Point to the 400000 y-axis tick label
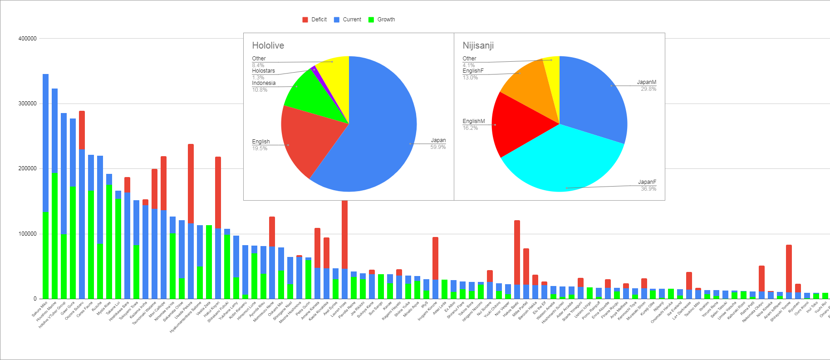(27, 39)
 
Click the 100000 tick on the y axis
(27, 234)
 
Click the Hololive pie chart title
(268, 45)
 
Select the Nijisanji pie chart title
(478, 45)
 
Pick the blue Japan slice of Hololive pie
(377, 132)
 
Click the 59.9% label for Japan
(438, 147)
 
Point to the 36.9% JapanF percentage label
(648, 189)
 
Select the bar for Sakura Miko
(45, 182)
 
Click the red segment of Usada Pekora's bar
(191, 182)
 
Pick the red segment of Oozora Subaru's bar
(82, 130)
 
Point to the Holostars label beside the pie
(263, 71)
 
